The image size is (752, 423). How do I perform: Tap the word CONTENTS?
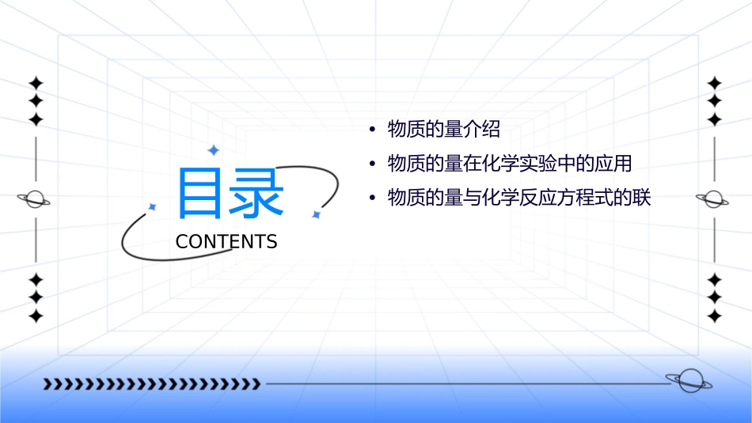coord(226,242)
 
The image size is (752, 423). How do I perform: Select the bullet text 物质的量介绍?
coord(444,129)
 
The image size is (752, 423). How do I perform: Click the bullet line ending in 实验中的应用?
coord(509,164)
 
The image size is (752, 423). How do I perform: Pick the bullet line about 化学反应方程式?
coord(518,198)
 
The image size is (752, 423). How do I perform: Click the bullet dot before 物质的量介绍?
coord(371,130)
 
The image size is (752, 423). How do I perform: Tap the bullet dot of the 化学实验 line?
coord(371,164)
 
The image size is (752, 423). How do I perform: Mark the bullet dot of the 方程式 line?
coord(371,198)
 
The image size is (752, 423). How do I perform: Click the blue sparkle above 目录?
coord(213,150)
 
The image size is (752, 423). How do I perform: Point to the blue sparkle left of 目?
coord(152,206)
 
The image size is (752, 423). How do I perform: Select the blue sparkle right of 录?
coord(316,214)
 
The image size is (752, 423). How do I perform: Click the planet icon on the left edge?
coord(34,199)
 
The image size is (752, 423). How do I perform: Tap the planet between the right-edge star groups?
coord(713,199)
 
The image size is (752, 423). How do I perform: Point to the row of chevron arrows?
coord(151,384)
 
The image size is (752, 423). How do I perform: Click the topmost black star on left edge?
coord(35,82)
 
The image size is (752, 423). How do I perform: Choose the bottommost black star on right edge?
coord(714,316)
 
